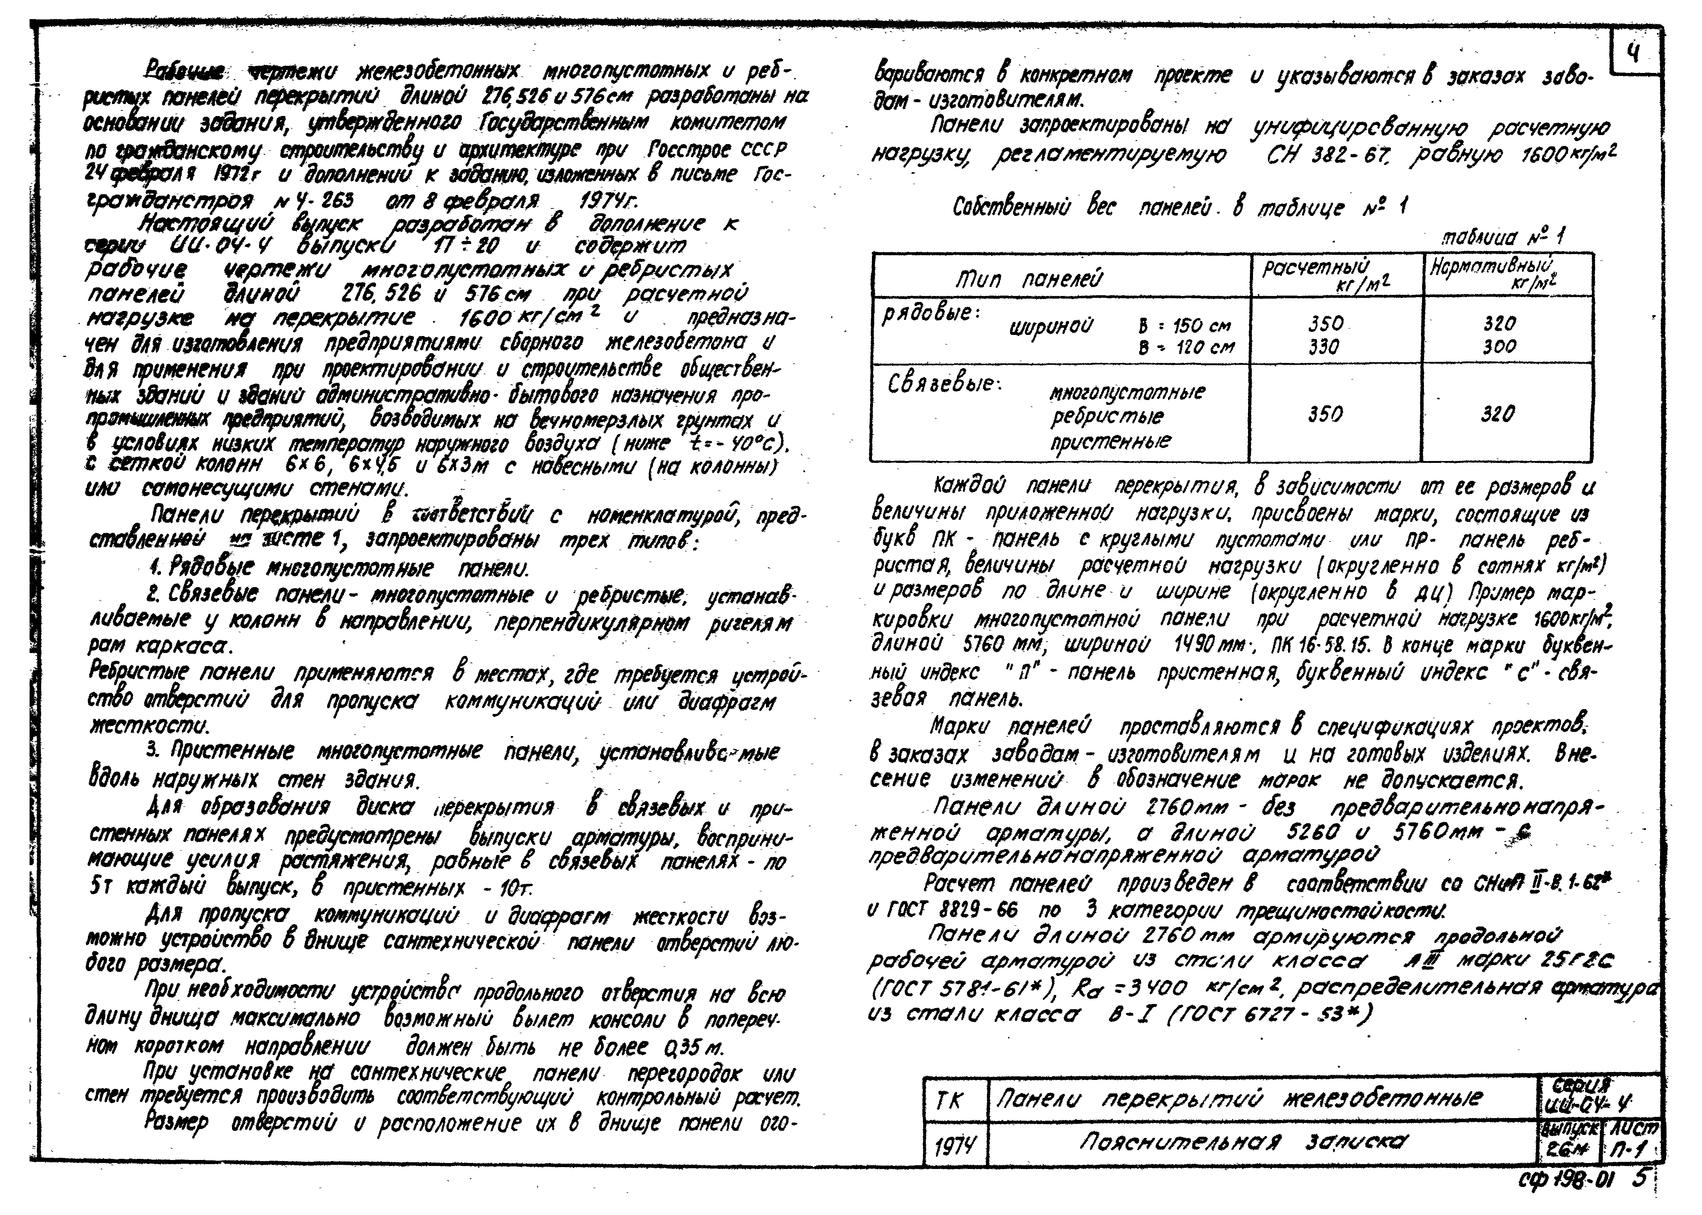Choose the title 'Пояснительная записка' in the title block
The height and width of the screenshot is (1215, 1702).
tap(1242, 1142)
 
